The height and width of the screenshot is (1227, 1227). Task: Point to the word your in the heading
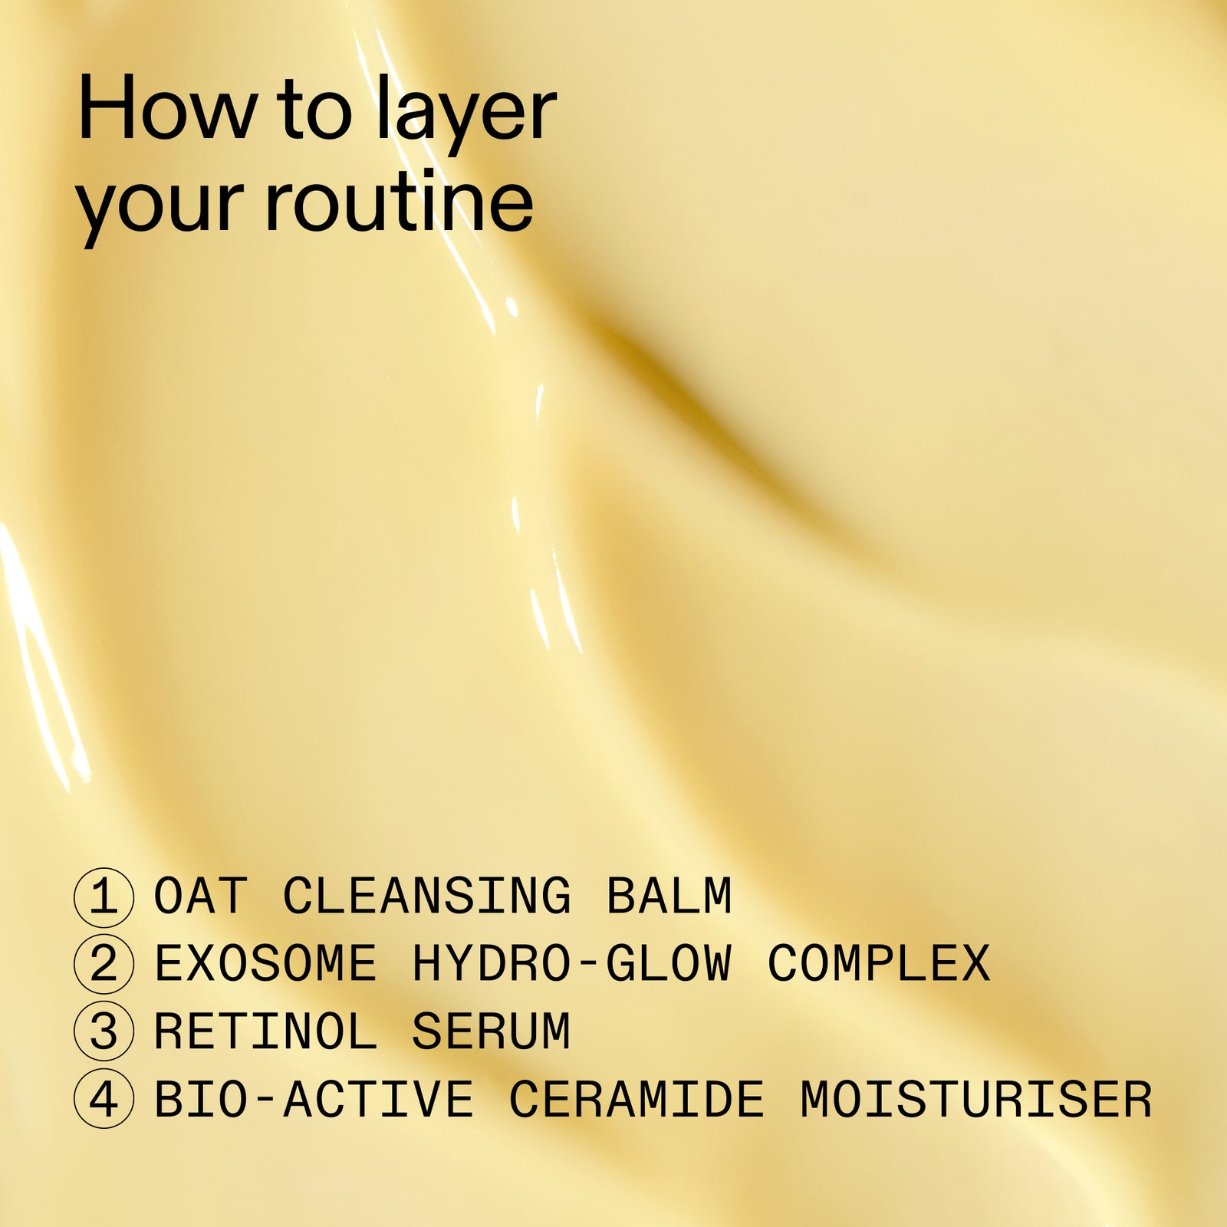(163, 207)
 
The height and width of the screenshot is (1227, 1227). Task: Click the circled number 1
(104, 896)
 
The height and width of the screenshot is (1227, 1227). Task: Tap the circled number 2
(104, 964)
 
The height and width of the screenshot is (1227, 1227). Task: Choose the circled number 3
(104, 1031)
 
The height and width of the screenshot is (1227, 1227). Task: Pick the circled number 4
(104, 1099)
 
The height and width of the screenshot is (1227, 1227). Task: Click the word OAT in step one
(201, 896)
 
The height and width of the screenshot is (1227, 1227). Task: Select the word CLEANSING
(427, 896)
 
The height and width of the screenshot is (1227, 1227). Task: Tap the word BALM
(669, 896)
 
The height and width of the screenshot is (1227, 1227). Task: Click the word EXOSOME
(265, 964)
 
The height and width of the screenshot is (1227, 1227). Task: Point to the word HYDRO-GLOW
(573, 964)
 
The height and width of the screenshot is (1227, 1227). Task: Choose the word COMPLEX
(879, 964)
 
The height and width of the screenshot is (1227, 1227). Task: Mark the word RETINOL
(265, 1031)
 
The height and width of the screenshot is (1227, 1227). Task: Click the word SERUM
(492, 1031)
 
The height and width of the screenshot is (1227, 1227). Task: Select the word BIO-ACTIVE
(314, 1099)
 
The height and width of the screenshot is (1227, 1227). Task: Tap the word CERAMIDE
(637, 1099)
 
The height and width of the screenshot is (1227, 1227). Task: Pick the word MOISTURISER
(976, 1099)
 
